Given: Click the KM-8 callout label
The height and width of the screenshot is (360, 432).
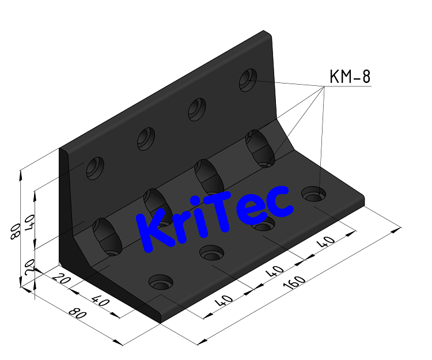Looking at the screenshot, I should pos(349,77).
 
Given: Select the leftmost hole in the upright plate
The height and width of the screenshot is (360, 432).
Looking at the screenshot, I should pos(94,168).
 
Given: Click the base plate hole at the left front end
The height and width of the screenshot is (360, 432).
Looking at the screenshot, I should pos(161,282).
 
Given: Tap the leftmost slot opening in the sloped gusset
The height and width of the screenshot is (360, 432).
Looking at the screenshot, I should pos(108,236).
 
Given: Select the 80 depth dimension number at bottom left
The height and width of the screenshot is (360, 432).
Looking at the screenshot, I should pos(74,314).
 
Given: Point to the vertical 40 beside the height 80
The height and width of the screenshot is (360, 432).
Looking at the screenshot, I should pos(32,220).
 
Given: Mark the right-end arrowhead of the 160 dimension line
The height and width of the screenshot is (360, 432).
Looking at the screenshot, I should pos(397,230).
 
